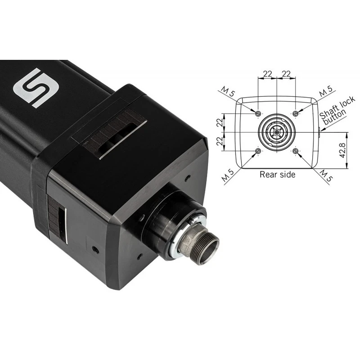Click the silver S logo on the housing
(x=36, y=88)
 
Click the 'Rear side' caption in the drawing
(x=277, y=175)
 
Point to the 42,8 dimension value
(x=342, y=150)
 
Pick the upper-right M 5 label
(x=326, y=91)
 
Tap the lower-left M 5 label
(x=228, y=175)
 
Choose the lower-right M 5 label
(x=326, y=175)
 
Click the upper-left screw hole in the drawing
(x=258, y=113)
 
